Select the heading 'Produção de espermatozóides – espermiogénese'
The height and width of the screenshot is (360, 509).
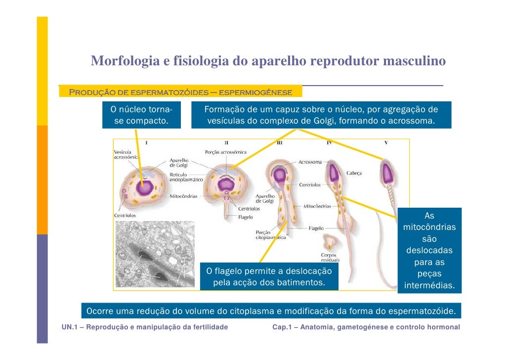point(181,92)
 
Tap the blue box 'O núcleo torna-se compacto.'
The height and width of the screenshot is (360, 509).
point(141,115)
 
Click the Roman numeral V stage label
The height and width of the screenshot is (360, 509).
point(386,143)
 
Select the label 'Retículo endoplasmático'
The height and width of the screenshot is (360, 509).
point(186,178)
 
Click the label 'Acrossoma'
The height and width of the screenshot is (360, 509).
point(310,162)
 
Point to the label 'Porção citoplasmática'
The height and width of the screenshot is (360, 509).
point(270,235)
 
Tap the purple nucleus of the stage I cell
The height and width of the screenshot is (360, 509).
point(146,187)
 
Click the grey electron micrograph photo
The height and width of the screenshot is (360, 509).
point(155,254)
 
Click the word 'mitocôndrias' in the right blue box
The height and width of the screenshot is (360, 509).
point(429,228)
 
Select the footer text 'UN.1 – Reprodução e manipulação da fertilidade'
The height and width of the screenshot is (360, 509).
point(145,327)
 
